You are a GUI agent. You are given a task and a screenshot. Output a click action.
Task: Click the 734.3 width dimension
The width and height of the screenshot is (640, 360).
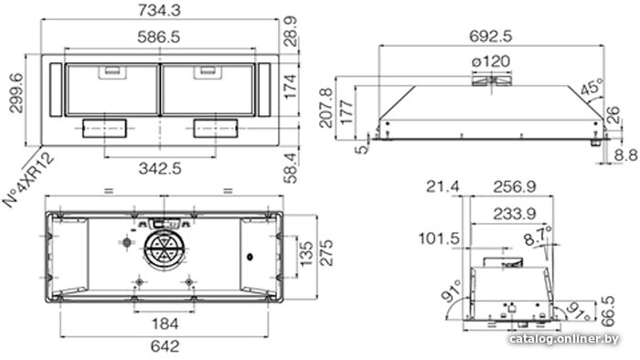point(159,10)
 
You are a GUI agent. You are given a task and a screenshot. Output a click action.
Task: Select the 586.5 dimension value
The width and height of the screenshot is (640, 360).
point(159,37)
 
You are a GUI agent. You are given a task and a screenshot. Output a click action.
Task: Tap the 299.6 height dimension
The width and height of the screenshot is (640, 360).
point(16,93)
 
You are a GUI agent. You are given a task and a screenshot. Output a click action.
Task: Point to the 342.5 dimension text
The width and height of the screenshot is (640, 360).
point(160,168)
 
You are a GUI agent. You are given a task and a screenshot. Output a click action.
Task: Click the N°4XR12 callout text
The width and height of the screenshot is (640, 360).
point(28,180)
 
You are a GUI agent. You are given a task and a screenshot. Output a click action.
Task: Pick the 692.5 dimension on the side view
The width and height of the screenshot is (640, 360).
point(491,37)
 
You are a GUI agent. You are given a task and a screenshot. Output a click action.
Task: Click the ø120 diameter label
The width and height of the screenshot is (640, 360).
point(491,61)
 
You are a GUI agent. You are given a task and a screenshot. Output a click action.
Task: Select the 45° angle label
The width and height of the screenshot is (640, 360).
point(592,87)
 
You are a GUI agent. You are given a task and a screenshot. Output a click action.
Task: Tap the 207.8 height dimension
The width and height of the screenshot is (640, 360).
point(326,108)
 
